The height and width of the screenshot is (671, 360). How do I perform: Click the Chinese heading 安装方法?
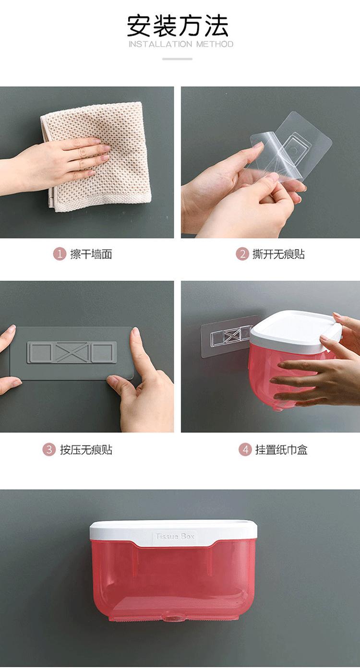(x=178, y=26)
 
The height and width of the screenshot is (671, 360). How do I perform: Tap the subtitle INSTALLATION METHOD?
(x=181, y=44)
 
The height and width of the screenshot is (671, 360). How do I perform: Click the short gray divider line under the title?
(x=177, y=59)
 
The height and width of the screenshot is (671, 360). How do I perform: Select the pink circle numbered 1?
(x=60, y=254)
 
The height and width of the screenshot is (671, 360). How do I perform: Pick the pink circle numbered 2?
(x=242, y=254)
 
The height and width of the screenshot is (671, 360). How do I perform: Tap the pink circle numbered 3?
(x=49, y=450)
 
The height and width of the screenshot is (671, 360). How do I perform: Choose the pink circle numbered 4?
(x=245, y=450)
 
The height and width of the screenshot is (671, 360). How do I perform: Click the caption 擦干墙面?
(x=91, y=254)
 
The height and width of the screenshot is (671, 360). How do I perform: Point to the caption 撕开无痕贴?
(x=278, y=254)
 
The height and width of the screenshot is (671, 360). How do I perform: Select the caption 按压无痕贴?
(x=86, y=450)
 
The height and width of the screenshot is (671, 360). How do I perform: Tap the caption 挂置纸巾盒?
(x=281, y=450)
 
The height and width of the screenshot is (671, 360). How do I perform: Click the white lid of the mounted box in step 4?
(x=295, y=333)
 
